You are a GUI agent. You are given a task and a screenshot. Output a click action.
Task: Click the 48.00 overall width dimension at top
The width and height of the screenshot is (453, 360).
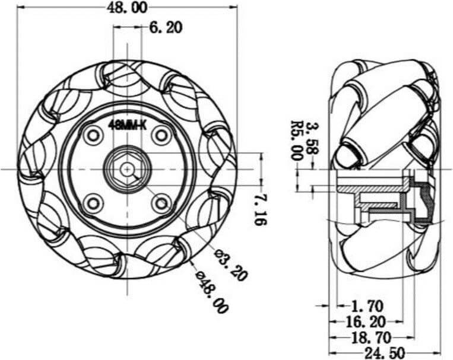coord(126,7)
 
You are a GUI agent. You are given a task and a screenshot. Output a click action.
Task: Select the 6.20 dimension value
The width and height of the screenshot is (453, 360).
coord(166,28)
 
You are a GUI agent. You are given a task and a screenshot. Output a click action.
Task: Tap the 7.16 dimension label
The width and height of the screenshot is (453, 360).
coord(260,209)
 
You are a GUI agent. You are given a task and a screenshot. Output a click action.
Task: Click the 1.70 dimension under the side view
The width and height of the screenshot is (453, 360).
coord(367,306)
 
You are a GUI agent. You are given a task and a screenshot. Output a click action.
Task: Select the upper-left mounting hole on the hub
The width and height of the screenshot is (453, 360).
coord(92,135)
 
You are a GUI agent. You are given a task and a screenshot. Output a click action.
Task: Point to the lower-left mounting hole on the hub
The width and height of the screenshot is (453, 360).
coord(92,203)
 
